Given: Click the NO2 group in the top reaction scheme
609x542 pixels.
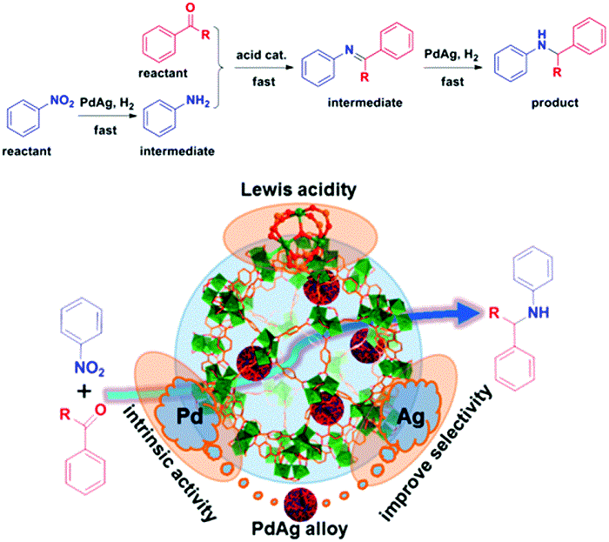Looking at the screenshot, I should (58, 90).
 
